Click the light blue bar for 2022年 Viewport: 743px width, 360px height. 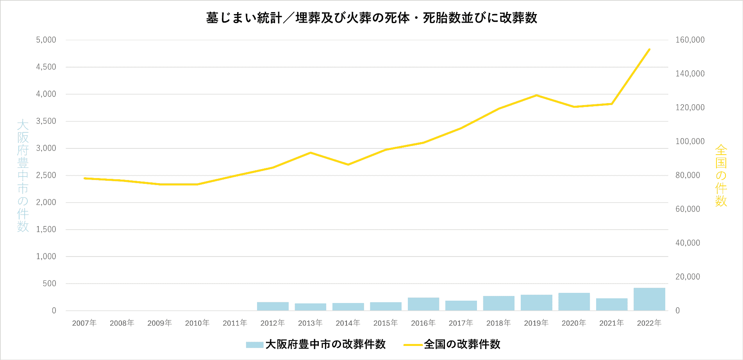point(649,299)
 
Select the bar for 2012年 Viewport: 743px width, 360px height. point(273,307)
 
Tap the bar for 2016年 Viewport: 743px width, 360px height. point(423,304)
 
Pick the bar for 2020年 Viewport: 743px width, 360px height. point(574,302)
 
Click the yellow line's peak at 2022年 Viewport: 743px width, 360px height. point(649,49)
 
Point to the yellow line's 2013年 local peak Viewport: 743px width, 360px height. point(310,153)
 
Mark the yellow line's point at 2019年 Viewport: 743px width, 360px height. point(536,95)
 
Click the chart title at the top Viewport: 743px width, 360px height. point(371,18)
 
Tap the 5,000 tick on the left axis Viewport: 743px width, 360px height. point(46,40)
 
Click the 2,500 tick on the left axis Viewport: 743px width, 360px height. point(46,175)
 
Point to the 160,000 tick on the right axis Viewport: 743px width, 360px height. point(690,40)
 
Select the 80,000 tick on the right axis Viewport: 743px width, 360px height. point(688,175)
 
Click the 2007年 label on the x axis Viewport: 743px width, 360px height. point(84,323)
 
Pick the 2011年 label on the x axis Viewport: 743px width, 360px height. point(235,323)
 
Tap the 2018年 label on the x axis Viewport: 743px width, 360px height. point(498,323)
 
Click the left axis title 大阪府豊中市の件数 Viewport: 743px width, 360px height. point(23,175)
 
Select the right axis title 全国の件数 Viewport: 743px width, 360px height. point(721,175)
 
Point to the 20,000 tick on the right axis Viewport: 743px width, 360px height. point(688,277)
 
